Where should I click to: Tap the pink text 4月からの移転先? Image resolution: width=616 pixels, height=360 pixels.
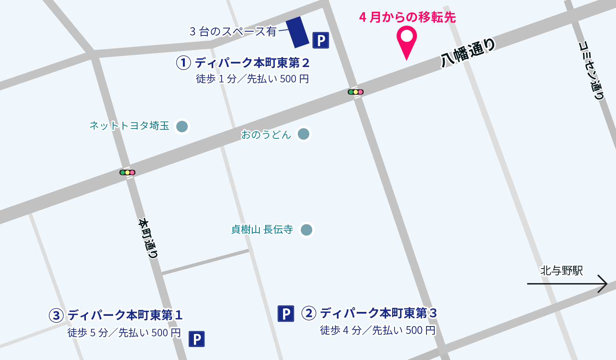408,17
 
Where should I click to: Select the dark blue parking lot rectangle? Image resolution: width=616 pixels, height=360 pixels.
297,32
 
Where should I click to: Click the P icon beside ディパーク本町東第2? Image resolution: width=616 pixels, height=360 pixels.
321,40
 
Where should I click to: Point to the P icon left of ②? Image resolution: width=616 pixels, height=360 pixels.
286,313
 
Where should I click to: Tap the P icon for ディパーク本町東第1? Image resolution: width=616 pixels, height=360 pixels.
197,339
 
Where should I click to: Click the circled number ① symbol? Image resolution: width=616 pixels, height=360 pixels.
183,62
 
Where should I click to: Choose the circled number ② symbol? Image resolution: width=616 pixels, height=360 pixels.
309,313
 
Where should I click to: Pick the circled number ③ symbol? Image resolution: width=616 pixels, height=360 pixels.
56,315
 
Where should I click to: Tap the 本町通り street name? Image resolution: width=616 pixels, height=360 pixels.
149,238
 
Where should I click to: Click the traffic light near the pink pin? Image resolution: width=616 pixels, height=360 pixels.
355,92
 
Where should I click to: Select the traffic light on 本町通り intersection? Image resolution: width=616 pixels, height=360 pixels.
127,172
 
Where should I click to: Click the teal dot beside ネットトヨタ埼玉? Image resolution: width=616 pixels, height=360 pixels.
182,127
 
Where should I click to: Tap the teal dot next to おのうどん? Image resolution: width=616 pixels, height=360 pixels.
303,134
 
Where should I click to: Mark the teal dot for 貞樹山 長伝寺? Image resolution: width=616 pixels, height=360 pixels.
306,229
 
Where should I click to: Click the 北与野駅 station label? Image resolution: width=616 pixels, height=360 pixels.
561,270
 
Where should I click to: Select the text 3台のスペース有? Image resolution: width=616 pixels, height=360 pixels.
233,31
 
